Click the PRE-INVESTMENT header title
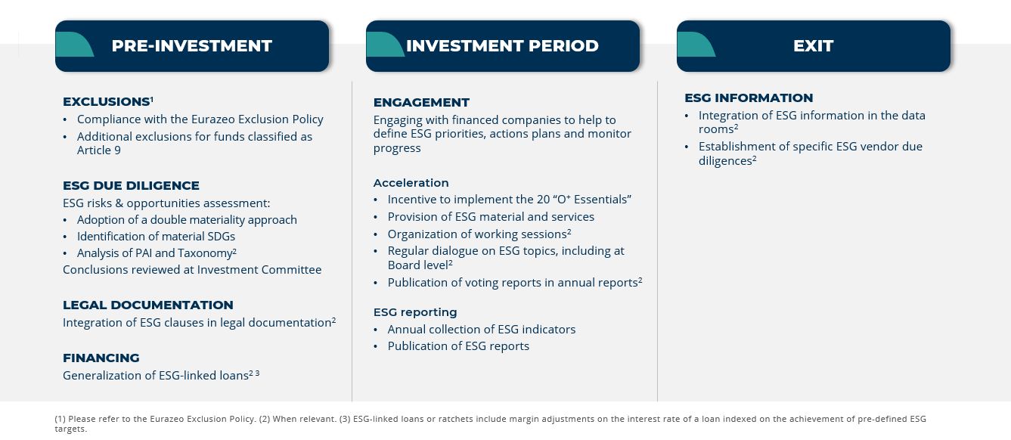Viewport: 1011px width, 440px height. [x=192, y=45]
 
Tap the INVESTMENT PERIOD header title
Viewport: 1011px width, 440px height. [x=502, y=45]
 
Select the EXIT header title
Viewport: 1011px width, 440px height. [x=814, y=45]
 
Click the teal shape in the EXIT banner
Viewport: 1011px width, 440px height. [x=695, y=44]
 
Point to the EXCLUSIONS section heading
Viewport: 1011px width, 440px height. [x=107, y=102]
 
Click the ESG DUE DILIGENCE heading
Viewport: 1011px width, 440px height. [x=131, y=185]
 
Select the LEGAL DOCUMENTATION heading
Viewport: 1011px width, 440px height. [x=148, y=305]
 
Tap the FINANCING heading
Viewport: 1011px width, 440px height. [x=101, y=358]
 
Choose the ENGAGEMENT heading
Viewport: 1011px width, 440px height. [x=421, y=103]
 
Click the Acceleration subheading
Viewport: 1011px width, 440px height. [x=411, y=183]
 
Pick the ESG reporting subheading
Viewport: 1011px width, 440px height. [x=415, y=312]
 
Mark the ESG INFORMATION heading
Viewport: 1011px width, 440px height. [x=749, y=98]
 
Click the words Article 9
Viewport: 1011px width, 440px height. [x=99, y=150]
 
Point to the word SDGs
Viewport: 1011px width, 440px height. [x=221, y=237]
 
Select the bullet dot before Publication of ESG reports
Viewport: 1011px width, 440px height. [x=376, y=347]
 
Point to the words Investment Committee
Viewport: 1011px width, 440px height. [x=259, y=270]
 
